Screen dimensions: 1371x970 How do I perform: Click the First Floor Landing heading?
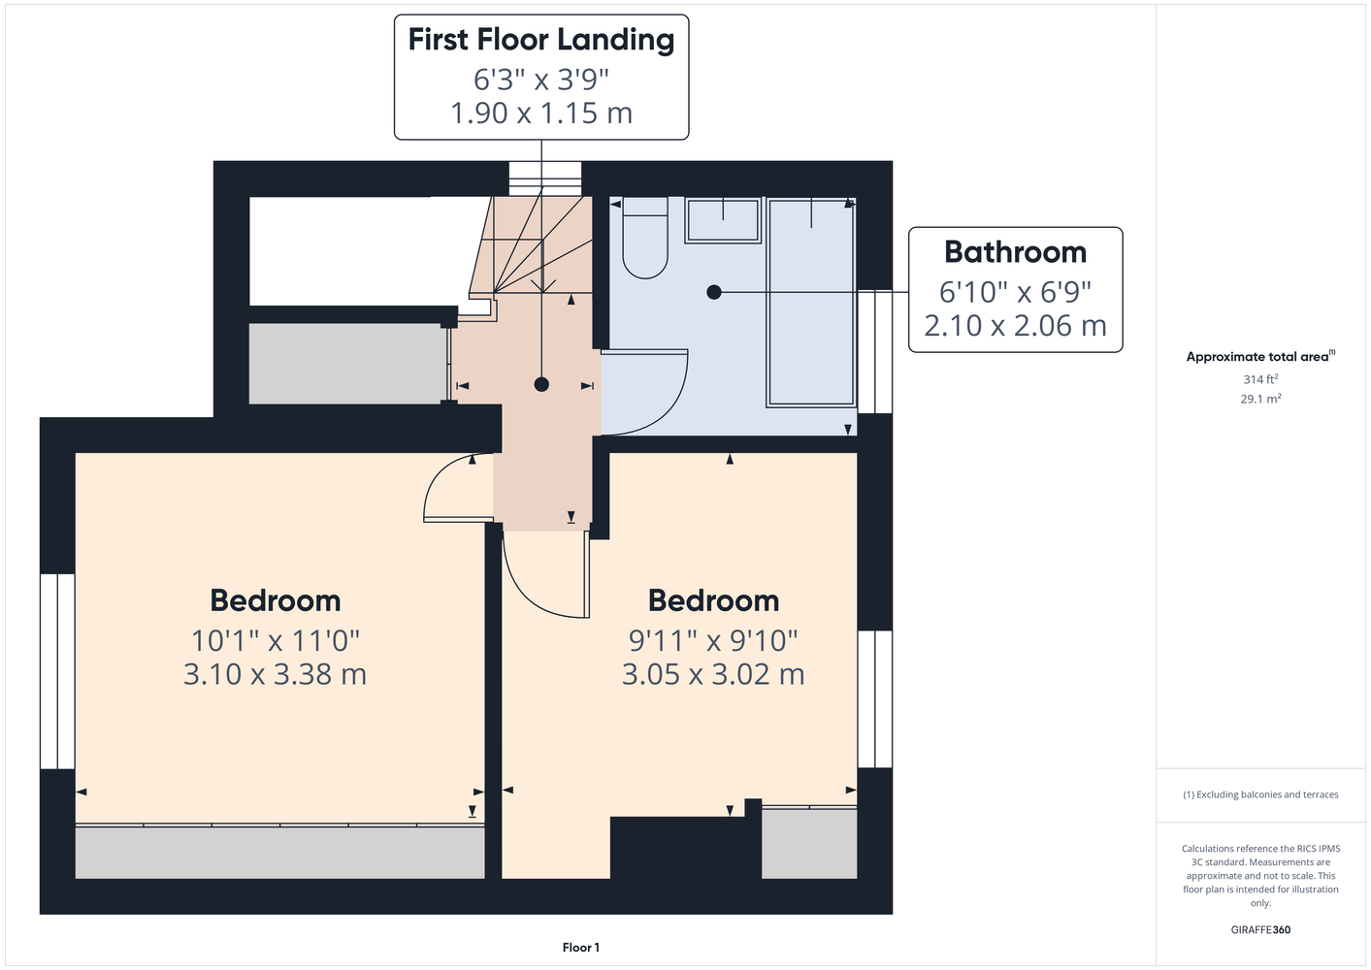pos(541,40)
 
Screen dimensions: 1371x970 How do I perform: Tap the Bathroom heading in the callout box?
pos(1016,252)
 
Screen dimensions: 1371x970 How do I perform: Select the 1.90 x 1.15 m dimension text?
pos(541,113)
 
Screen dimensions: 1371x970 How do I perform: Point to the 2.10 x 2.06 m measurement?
pos(1016,326)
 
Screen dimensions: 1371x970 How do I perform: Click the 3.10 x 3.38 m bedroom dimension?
pos(276,674)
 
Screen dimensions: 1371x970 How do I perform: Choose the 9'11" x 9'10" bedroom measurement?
pos(714,641)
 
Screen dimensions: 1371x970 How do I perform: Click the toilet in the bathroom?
pos(645,238)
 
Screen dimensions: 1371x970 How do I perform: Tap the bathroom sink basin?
pos(723,220)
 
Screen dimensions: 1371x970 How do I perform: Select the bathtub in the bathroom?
pos(811,302)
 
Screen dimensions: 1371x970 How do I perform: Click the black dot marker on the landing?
pos(541,384)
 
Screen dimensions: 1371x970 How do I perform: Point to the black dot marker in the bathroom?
pos(714,293)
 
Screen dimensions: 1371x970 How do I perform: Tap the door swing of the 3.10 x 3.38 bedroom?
pos(441,476)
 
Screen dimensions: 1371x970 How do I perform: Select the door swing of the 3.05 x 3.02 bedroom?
pos(524,593)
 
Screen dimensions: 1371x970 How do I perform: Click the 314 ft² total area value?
pos(1260,379)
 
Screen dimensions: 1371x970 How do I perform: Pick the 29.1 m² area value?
pos(1260,399)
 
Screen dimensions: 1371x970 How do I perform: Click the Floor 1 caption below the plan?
pos(581,948)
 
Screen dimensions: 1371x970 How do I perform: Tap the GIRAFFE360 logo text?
pos(1260,929)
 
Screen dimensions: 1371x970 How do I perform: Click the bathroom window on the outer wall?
pos(874,351)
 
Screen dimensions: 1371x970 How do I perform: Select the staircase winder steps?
pos(532,244)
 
